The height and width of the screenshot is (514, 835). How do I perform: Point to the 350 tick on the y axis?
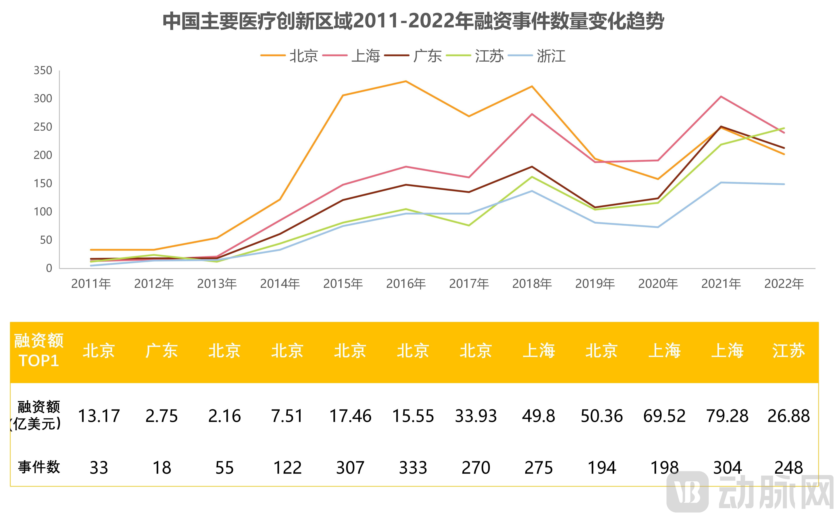click(43, 71)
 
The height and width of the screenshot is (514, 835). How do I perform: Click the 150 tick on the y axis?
click(43, 184)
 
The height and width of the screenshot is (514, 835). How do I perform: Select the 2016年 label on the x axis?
click(406, 284)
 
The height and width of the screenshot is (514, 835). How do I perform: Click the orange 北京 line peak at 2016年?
click(406, 81)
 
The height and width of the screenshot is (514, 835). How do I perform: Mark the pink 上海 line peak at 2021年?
click(721, 97)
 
